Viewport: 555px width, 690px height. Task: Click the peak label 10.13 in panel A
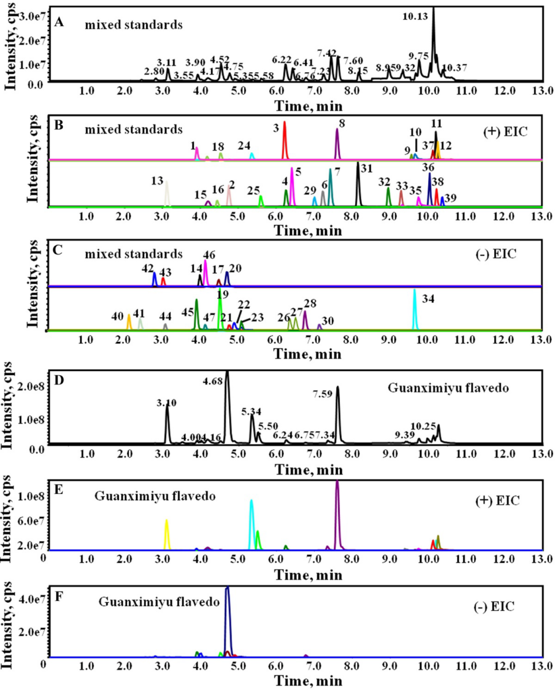tap(415, 17)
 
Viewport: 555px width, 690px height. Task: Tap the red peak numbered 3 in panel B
tap(285, 140)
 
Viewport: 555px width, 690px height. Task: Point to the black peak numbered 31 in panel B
tap(358, 184)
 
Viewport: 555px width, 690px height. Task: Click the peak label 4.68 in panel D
tap(213, 381)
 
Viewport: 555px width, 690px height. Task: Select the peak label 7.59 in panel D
tap(322, 394)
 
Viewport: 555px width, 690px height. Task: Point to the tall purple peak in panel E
tap(337, 516)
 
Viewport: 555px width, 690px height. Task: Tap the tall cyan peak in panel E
tap(251, 525)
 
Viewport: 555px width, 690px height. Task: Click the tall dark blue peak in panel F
tap(227, 621)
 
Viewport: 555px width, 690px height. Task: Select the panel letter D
tap(59, 380)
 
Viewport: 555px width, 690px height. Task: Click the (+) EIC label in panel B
tap(505, 132)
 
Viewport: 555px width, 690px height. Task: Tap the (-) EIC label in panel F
tap(494, 607)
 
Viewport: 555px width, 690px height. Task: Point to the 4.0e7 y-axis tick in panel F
tap(31, 599)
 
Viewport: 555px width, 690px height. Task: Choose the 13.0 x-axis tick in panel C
tap(541, 340)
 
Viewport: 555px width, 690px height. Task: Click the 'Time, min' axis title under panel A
tap(308, 106)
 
